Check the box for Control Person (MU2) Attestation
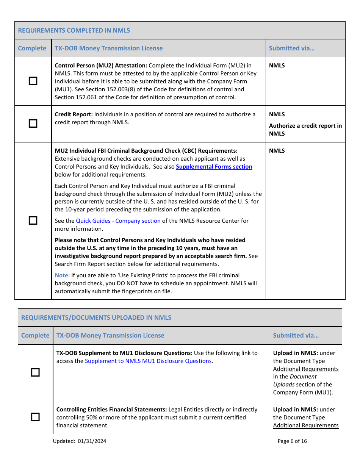pyautogui.click(x=33, y=81)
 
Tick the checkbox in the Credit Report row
pyautogui.click(x=33, y=124)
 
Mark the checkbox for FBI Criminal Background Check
pyautogui.click(x=33, y=220)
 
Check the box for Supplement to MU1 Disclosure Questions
pyautogui.click(x=35, y=372)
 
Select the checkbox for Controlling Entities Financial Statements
pyautogui.click(x=35, y=417)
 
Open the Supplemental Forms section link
pyautogui.click(x=214, y=167)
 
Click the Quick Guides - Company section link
pyautogui.click(x=118, y=221)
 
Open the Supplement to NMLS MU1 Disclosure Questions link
pyautogui.click(x=148, y=361)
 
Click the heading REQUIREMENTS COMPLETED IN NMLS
pyautogui.click(x=74, y=30)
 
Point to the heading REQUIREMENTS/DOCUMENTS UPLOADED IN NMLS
pyautogui.click(x=96, y=317)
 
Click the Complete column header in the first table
pyautogui.click(x=32, y=48)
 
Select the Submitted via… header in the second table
pyautogui.click(x=296, y=335)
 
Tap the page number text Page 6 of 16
pyautogui.click(x=292, y=441)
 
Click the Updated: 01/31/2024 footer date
pyautogui.click(x=80, y=441)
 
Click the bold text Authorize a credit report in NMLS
pyautogui.click(x=305, y=130)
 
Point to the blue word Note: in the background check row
pyautogui.click(x=62, y=275)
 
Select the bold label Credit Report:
pyautogui.click(x=74, y=114)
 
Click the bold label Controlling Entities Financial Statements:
pyautogui.click(x=111, y=410)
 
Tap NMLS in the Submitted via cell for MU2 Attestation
pyautogui.click(x=277, y=66)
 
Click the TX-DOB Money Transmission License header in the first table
pyautogui.click(x=109, y=48)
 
